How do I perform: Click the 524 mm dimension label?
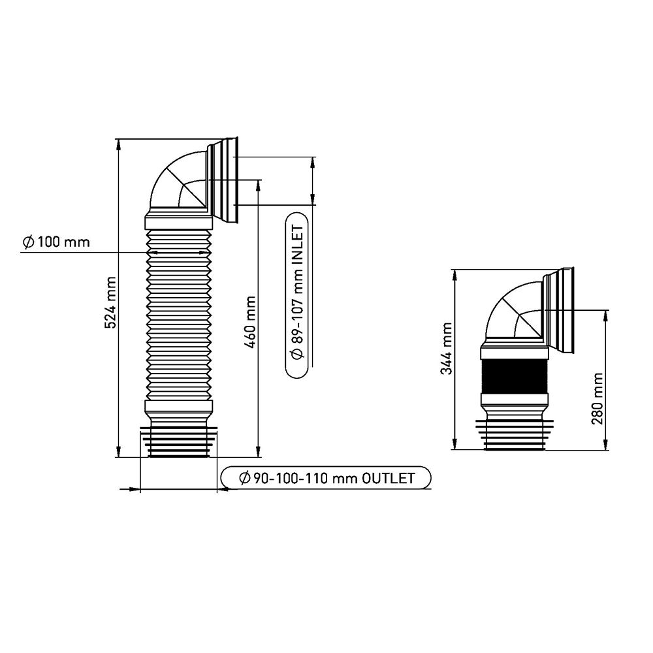pyautogui.click(x=110, y=302)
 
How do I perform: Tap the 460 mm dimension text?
pyautogui.click(x=249, y=323)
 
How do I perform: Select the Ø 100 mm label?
pyautogui.click(x=56, y=242)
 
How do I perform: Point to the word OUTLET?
pyautogui.click(x=388, y=478)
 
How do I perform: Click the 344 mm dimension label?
pyautogui.click(x=447, y=349)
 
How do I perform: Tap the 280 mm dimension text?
pyautogui.click(x=597, y=398)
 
